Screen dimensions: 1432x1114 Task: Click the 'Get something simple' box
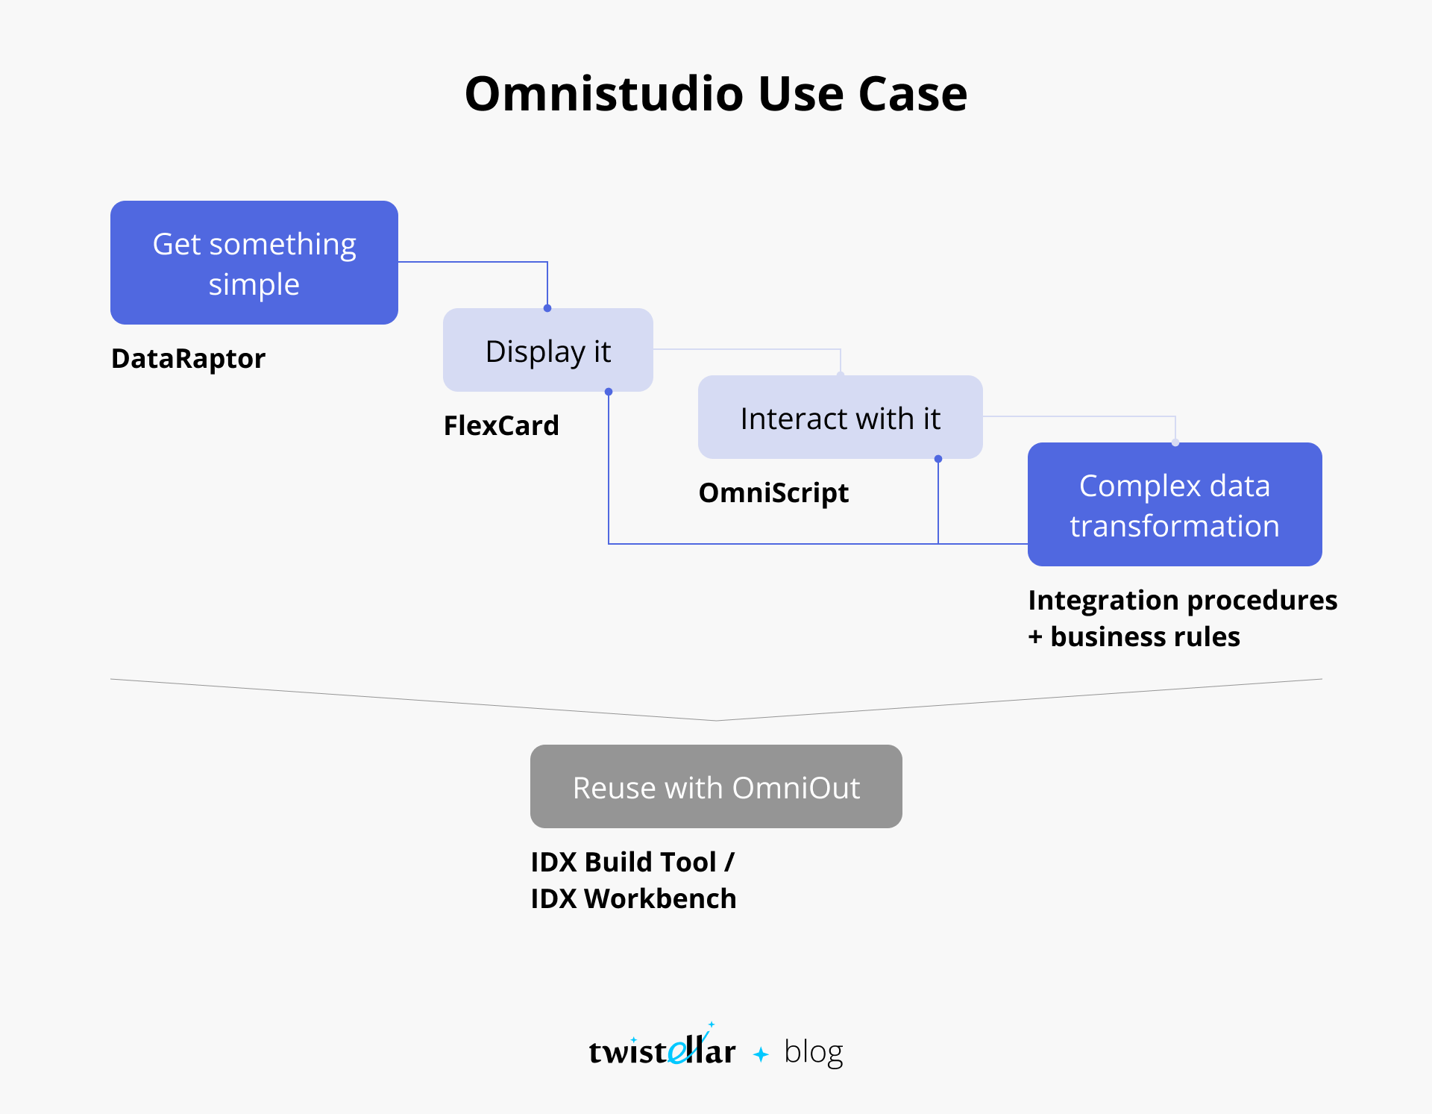tap(254, 263)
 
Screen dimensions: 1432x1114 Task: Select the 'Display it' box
tap(548, 350)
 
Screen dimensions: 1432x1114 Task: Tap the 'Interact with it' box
tap(841, 417)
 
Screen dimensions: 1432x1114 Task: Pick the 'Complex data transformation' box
tap(1175, 504)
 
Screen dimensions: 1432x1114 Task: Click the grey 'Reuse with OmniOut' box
tap(716, 786)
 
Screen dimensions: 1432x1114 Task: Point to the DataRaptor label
tap(188, 359)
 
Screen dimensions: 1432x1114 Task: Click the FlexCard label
tap(501, 425)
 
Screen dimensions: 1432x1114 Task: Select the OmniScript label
tap(773, 493)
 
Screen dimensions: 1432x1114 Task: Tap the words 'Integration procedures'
tap(1183, 601)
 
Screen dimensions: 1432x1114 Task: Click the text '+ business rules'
tap(1134, 637)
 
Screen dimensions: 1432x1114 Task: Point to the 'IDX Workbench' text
tap(633, 899)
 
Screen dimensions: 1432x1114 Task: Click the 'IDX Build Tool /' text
tap(632, 863)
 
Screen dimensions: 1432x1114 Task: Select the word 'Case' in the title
tap(913, 94)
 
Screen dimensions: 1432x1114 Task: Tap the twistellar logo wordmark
tap(662, 1047)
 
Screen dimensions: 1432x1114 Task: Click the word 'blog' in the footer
tap(814, 1052)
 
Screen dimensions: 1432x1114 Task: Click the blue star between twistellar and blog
tap(761, 1054)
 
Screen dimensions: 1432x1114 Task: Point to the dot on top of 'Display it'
tap(547, 308)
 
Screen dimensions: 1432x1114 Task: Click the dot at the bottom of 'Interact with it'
tap(938, 459)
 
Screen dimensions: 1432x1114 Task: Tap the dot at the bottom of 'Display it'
tap(609, 392)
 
